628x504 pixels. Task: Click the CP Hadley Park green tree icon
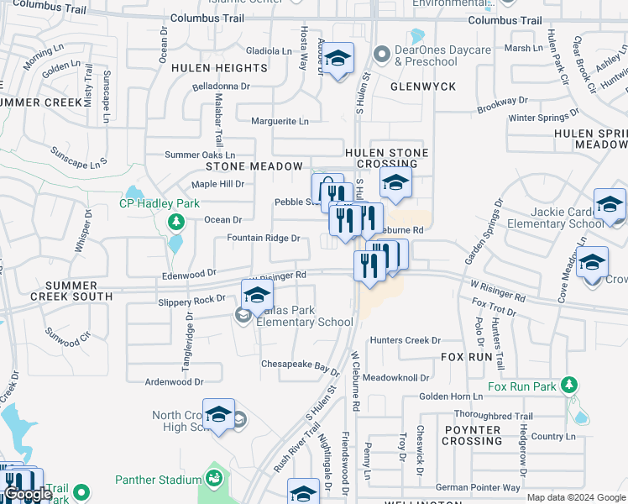176,222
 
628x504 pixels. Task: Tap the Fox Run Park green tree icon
570,386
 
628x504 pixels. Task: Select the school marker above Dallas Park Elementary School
258,296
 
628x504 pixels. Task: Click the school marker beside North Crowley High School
218,415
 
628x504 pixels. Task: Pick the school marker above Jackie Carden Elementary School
610,205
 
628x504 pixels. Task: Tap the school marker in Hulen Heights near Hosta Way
338,60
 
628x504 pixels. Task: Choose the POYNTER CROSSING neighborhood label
472,435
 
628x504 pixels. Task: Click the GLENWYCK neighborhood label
423,87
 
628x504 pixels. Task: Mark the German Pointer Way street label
478,487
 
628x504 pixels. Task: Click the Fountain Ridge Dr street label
264,238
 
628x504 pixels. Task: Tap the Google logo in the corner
28,495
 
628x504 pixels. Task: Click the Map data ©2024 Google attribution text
575,497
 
